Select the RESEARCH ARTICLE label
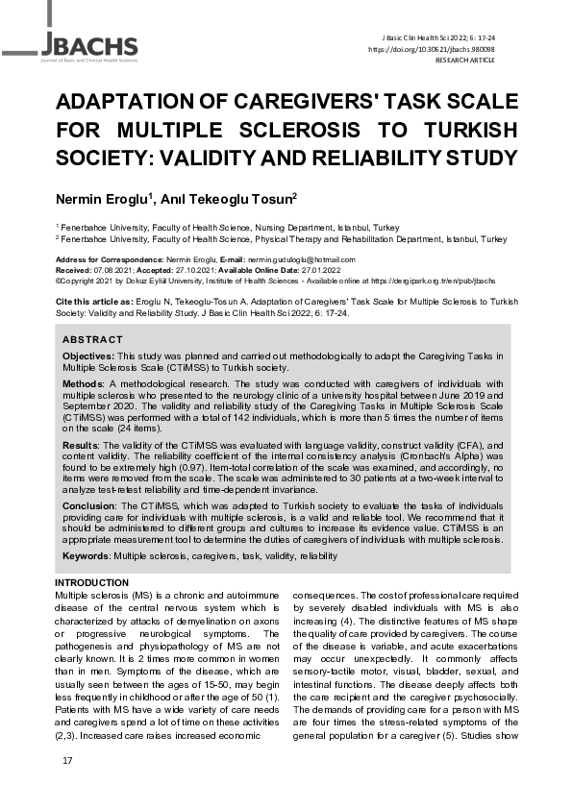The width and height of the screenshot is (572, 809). click(466, 59)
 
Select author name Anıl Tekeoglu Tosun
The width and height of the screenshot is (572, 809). click(236, 199)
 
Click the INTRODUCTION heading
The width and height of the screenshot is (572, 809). click(91, 583)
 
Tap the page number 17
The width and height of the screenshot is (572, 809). click(67, 761)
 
